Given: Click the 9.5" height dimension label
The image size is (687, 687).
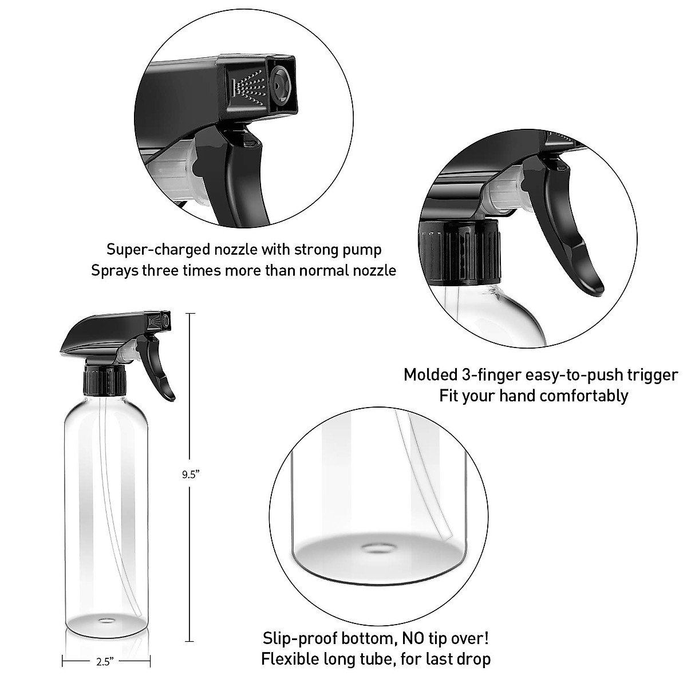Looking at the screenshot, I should pyautogui.click(x=191, y=474).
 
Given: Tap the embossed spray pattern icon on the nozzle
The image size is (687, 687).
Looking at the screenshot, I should pyautogui.click(x=248, y=88).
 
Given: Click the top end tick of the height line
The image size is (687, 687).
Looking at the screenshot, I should pyautogui.click(x=191, y=313).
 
